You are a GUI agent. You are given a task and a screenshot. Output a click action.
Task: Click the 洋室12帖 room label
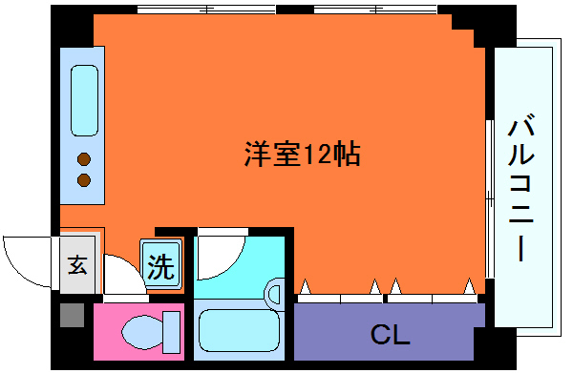pos(302,154)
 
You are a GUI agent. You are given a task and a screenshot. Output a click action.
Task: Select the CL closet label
pos(390,335)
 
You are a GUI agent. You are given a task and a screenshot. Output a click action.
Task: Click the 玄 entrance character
pos(78,265)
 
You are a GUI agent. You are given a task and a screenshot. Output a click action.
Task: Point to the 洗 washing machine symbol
pos(160,266)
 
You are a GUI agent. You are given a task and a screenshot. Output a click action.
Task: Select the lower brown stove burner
pos(84,179)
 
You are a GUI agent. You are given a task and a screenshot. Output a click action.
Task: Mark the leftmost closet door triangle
pos(305,285)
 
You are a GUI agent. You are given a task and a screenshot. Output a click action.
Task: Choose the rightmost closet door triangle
pos(469,285)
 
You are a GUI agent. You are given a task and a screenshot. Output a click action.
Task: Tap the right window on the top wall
pos(377,10)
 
